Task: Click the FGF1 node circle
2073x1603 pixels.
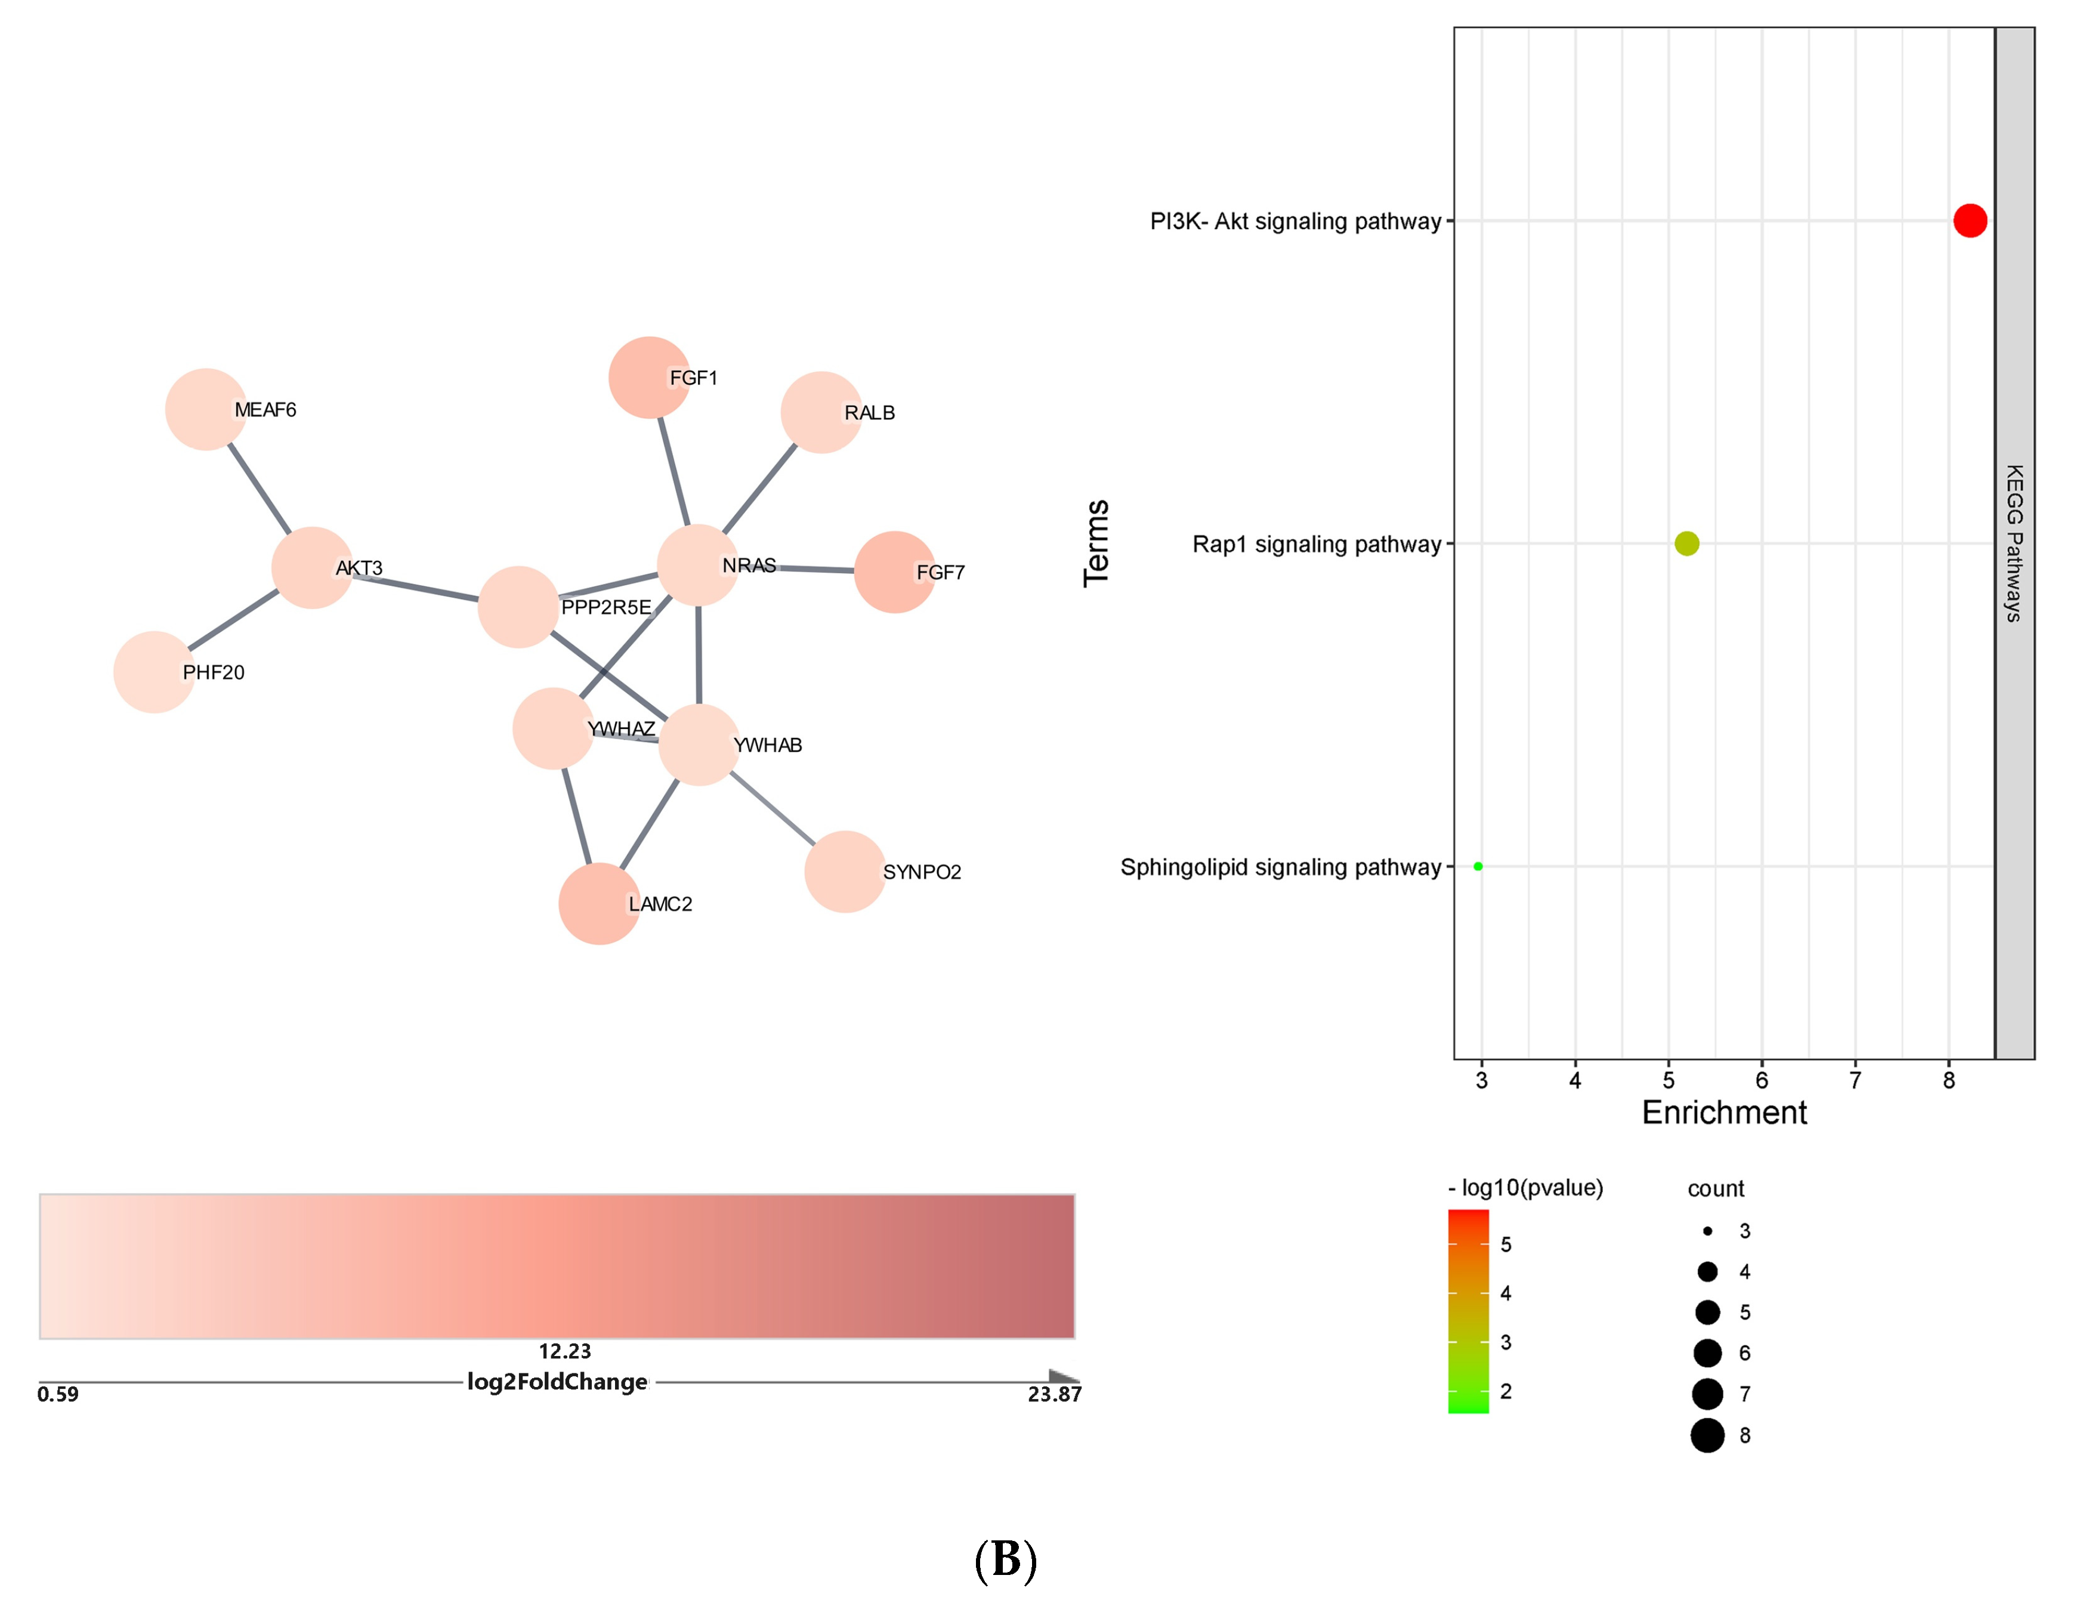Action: [648, 377]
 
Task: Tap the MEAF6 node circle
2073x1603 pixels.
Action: [205, 409]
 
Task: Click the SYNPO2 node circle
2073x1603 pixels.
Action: [844, 871]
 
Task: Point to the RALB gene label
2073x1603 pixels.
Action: [869, 413]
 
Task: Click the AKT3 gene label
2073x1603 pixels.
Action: [359, 567]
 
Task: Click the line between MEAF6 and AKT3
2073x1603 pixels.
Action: [259, 489]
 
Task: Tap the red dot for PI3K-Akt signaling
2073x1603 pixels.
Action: [1970, 220]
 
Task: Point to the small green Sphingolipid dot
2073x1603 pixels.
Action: [1477, 866]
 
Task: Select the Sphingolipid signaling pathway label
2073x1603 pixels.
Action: [1280, 866]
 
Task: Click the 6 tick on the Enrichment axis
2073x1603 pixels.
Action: [1761, 1080]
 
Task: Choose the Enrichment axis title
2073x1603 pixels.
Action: [1723, 1113]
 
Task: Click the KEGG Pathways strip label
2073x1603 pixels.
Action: [2013, 543]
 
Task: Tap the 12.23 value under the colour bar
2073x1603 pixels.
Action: [565, 1351]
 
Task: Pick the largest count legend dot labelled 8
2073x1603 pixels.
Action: [1707, 1435]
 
